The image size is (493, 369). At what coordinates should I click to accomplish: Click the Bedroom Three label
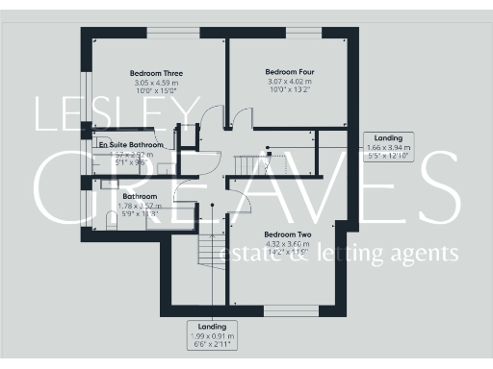[x=156, y=73]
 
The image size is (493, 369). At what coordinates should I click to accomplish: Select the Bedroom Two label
[x=289, y=234]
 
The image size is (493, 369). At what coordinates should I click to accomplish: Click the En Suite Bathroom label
[x=131, y=145]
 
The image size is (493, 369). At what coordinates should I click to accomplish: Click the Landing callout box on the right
[x=389, y=147]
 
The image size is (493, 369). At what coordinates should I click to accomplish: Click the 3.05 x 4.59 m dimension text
[x=156, y=84]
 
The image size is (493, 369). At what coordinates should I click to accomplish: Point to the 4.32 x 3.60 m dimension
[x=288, y=244]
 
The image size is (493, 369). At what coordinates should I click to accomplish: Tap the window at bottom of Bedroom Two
[x=287, y=310]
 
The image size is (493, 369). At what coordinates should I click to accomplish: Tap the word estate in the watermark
[x=252, y=255]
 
